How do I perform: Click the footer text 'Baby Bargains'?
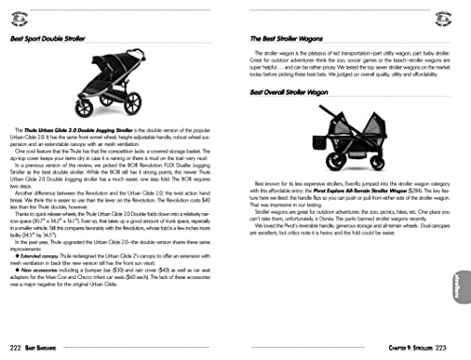click(x=49, y=349)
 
